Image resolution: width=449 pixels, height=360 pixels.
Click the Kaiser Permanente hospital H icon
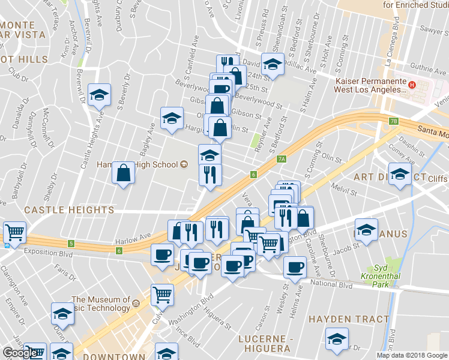(x=412, y=85)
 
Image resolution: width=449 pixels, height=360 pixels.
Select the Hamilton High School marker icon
(x=184, y=164)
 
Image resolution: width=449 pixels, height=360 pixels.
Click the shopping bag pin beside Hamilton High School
(x=123, y=173)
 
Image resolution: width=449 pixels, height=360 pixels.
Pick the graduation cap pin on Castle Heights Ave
(x=99, y=95)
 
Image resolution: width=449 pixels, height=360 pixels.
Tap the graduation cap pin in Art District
(x=399, y=175)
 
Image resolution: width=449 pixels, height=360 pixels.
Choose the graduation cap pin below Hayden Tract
(x=337, y=339)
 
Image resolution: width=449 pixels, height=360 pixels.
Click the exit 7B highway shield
(x=393, y=121)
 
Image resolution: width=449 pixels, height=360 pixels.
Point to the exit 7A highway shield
(x=282, y=159)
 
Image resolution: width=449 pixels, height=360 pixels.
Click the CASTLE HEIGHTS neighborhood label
(x=68, y=210)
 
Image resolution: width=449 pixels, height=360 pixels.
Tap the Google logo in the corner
(x=19, y=353)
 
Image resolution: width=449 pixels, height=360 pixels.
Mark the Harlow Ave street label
(x=138, y=236)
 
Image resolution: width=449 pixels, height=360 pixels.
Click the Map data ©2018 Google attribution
(x=411, y=355)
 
